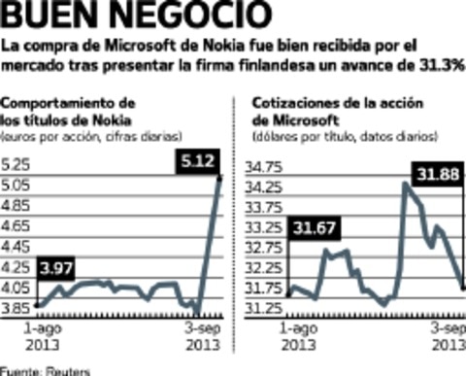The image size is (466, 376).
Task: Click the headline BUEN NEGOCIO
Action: [x=136, y=17]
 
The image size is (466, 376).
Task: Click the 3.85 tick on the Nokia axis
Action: [x=17, y=308]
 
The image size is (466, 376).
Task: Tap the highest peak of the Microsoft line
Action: [x=406, y=183]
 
